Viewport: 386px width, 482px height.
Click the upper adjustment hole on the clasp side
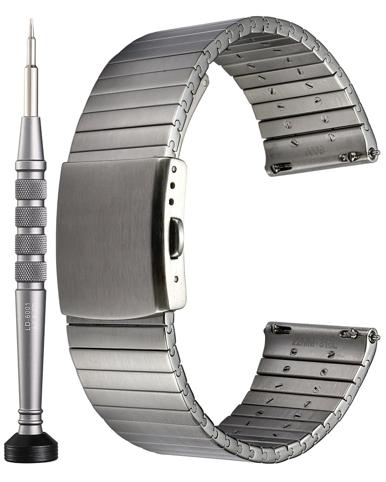click(x=172, y=186)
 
